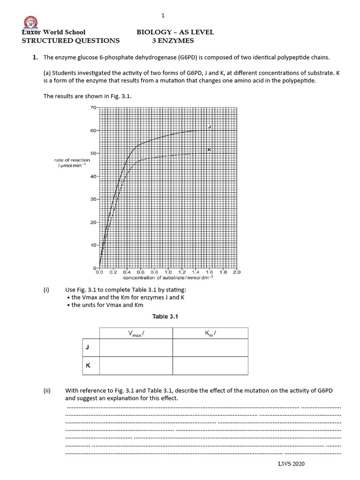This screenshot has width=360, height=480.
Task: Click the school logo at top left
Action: point(31,22)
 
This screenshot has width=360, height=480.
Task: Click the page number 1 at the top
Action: point(163,15)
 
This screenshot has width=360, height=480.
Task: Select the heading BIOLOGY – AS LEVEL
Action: point(175,32)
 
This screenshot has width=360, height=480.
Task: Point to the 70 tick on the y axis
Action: point(93,107)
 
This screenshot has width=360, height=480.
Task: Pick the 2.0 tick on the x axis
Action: point(236,272)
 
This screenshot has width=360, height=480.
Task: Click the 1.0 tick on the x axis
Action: point(168,272)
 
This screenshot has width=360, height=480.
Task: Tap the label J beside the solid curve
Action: point(209,127)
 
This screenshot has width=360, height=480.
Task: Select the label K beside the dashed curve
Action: point(209,150)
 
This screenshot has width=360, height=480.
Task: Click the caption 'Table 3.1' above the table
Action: point(165,316)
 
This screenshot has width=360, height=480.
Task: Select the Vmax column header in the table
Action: point(135,333)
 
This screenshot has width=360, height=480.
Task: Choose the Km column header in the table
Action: point(210,333)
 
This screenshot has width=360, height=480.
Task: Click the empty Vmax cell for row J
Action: point(135,347)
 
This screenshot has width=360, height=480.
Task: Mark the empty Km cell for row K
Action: point(210,366)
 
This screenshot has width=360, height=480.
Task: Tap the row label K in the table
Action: point(88,366)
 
